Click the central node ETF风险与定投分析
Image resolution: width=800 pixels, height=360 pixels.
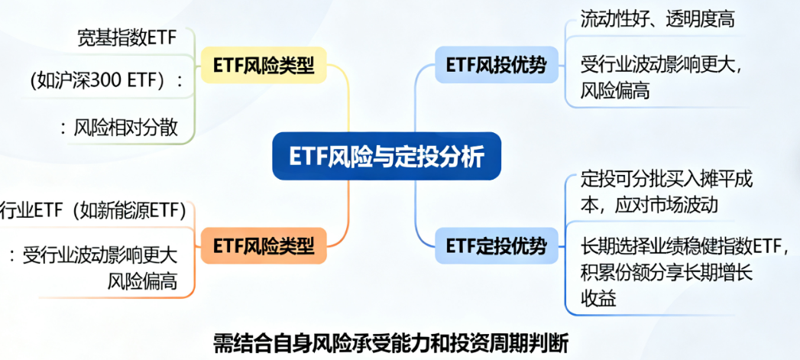(387, 156)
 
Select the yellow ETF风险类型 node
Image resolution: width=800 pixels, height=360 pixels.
(264, 65)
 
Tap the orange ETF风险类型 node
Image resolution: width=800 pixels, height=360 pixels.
(264, 246)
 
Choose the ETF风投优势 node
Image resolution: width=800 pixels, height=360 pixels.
(497, 65)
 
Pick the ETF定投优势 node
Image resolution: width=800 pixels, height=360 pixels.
(497, 246)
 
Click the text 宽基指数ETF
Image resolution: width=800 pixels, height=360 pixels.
(127, 39)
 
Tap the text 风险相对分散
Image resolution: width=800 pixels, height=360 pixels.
(126, 128)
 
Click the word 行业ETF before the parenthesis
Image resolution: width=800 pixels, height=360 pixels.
(33, 211)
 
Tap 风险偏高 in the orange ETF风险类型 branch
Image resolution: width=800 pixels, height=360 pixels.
(142, 281)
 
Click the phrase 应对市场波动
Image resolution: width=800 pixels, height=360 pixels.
(669, 205)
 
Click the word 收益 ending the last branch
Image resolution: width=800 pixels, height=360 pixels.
(598, 299)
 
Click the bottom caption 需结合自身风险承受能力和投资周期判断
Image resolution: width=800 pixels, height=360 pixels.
(390, 344)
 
